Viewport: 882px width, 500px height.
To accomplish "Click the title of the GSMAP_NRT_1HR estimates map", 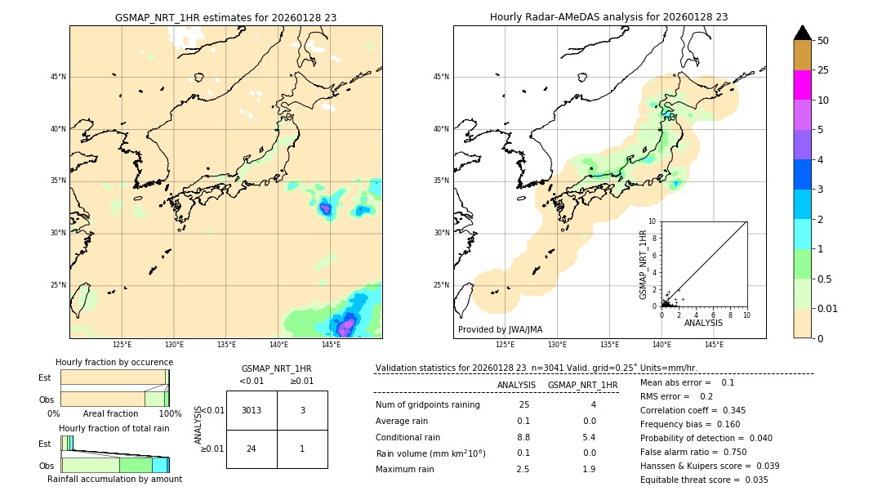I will click(225, 17).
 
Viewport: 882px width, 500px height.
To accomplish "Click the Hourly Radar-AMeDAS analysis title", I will click(608, 17).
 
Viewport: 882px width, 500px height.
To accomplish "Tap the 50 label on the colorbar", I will click(823, 41).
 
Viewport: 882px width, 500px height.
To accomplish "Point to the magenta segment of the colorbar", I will click(802, 85).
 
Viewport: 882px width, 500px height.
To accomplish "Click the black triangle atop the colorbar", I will click(802, 33).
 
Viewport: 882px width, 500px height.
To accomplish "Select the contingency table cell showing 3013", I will click(252, 410).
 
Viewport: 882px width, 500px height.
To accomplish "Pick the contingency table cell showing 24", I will click(252, 449).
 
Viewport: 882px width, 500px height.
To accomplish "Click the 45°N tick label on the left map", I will click(58, 77).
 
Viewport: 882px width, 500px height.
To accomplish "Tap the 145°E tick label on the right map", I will click(714, 345).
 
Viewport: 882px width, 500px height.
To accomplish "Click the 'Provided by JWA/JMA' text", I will click(500, 329).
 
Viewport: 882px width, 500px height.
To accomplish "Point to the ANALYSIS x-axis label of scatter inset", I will click(703, 323).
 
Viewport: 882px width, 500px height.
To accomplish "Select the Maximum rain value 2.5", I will click(523, 469).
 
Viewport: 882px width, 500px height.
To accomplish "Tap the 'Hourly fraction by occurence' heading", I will click(114, 362).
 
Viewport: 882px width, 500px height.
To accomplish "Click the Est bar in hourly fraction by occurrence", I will click(114, 377).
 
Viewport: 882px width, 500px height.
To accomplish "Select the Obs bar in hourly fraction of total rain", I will click(114, 465).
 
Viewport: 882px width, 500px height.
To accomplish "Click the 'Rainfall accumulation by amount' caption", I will click(114, 479).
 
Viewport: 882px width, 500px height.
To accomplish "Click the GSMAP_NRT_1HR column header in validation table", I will click(582, 385).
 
